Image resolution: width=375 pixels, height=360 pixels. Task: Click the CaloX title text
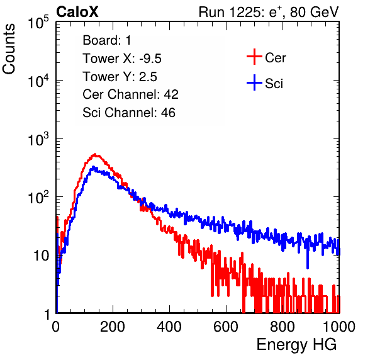pyautogui.click(x=77, y=12)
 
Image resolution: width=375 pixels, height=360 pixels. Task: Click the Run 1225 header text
pyautogui.click(x=269, y=12)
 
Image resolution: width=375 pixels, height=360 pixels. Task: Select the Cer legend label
pyautogui.click(x=275, y=58)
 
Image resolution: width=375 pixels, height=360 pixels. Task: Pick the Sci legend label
pyautogui.click(x=274, y=84)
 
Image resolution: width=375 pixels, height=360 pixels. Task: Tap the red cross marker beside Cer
pyautogui.click(x=254, y=57)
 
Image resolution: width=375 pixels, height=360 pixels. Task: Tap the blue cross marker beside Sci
pyautogui.click(x=254, y=82)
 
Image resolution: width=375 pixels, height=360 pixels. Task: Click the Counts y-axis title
pyautogui.click(x=9, y=49)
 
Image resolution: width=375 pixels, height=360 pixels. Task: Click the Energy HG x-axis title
pyautogui.click(x=296, y=345)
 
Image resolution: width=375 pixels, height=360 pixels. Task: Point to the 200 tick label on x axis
pyautogui.click(x=113, y=327)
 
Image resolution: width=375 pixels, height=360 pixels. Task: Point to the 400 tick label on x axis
pyautogui.click(x=169, y=327)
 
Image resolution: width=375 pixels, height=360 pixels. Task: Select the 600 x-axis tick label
pyautogui.click(x=226, y=327)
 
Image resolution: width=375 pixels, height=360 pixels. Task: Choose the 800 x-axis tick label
pyautogui.click(x=283, y=327)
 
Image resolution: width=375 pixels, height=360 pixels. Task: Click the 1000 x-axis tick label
pyautogui.click(x=339, y=327)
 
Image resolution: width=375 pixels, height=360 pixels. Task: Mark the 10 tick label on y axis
pyautogui.click(x=41, y=256)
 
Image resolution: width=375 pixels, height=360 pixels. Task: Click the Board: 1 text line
pyautogui.click(x=107, y=40)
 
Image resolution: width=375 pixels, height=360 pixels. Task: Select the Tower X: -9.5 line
pyautogui.click(x=122, y=59)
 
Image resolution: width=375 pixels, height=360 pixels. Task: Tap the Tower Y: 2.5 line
pyautogui.click(x=120, y=77)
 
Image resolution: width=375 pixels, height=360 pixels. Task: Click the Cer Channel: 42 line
pyautogui.click(x=130, y=94)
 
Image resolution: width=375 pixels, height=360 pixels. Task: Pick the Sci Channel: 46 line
pyautogui.click(x=129, y=113)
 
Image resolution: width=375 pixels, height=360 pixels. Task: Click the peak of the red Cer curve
pyautogui.click(x=95, y=154)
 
